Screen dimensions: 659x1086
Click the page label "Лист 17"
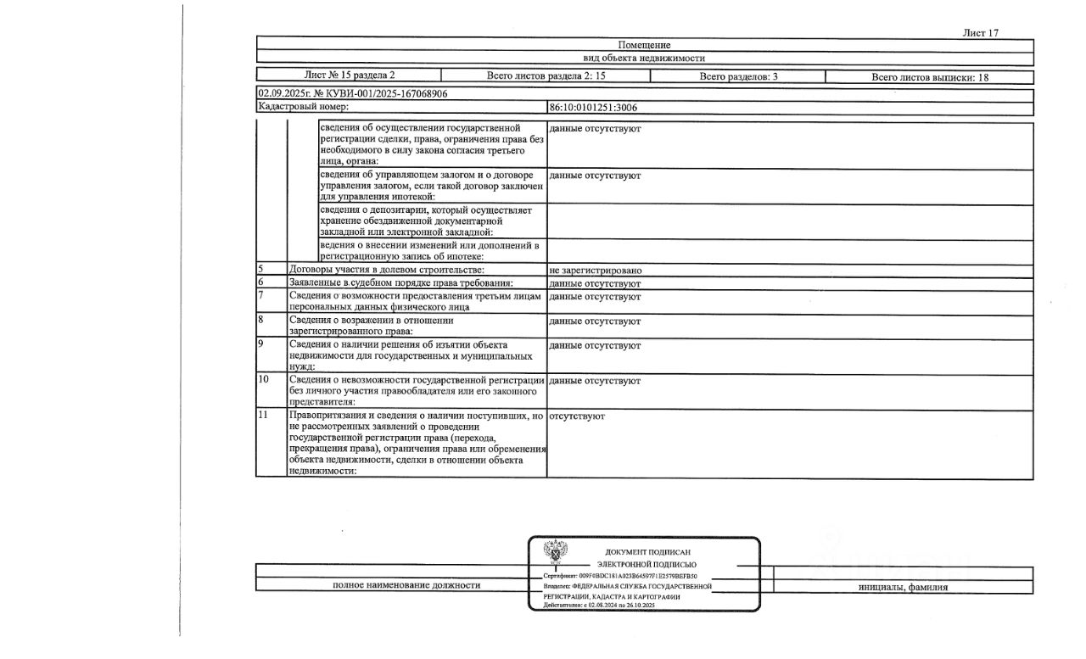(981, 33)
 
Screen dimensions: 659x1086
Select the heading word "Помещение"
(645, 45)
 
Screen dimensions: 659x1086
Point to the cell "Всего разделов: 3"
(738, 76)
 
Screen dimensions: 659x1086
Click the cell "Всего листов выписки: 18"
(930, 77)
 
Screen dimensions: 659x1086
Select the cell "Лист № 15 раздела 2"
(350, 75)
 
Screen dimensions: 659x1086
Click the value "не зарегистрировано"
(595, 271)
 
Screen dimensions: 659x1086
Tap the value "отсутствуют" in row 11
(577, 416)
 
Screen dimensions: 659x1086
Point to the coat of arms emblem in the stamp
(556, 553)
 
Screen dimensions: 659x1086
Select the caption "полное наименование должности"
(406, 585)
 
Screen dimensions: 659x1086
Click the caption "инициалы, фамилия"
(903, 587)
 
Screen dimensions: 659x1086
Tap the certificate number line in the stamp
(626, 575)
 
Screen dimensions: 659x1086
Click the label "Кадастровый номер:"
(303, 108)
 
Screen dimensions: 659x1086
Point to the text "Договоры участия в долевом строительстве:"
(387, 271)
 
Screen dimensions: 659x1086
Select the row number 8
(260, 321)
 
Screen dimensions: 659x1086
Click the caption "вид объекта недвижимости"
(645, 59)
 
